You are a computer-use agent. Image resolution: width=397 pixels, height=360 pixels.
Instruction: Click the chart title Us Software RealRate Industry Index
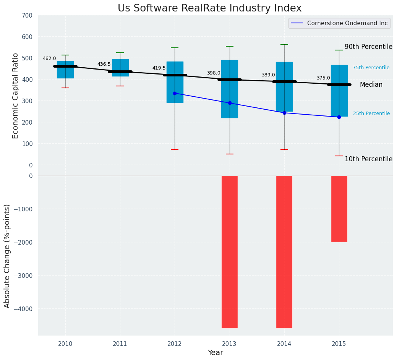209,8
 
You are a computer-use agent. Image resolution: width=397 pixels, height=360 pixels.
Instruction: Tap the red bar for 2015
339,209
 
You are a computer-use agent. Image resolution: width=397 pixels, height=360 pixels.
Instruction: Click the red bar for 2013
230,251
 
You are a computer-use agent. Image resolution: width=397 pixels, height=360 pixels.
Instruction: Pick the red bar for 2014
284,251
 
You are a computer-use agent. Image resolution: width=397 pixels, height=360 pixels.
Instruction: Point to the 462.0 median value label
49,58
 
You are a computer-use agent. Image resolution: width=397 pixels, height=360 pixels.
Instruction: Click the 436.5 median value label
104,64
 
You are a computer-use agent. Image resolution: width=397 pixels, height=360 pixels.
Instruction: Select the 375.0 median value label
323,78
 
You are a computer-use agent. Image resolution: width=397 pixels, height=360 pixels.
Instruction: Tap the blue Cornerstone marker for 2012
175,93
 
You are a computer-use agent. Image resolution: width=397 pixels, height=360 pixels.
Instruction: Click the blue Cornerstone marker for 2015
339,117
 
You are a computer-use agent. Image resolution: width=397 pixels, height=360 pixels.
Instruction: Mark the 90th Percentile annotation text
368,47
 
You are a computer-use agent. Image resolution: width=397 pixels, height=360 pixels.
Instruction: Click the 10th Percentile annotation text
368,159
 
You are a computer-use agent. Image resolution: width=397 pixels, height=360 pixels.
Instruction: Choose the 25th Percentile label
371,114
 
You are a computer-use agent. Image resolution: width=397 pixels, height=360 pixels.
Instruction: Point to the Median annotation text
371,85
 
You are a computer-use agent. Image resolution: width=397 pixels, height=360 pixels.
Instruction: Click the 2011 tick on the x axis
120,344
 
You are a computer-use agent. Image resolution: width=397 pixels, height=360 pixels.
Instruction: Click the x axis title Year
216,353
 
